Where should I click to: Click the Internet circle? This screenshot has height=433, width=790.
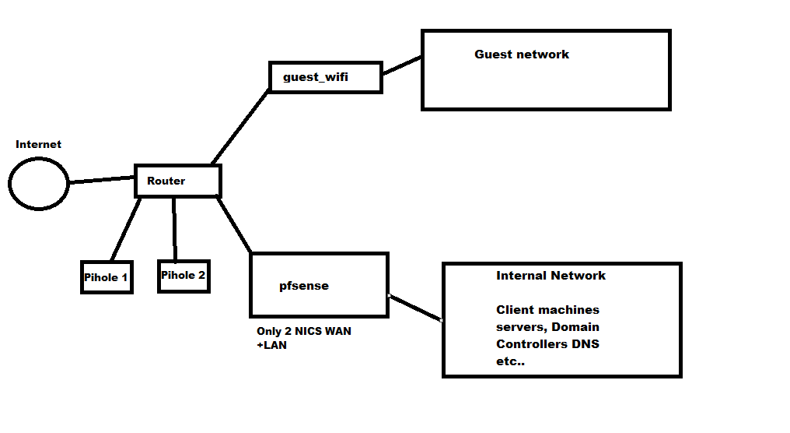pyautogui.click(x=39, y=184)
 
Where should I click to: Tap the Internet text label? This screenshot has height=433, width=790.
pyautogui.click(x=38, y=144)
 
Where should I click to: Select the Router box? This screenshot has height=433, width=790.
pyautogui.click(x=177, y=181)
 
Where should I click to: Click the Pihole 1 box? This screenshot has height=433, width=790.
pyautogui.click(x=107, y=277)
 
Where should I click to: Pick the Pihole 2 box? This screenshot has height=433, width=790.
pyautogui.click(x=184, y=276)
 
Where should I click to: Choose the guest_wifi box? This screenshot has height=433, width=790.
pyautogui.click(x=325, y=77)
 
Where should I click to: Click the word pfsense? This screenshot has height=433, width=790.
pyautogui.click(x=304, y=286)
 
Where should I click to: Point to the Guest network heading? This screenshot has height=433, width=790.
pyautogui.click(x=522, y=55)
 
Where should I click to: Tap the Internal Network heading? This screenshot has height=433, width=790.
pyautogui.click(x=551, y=276)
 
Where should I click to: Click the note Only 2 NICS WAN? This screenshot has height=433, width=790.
pyautogui.click(x=303, y=331)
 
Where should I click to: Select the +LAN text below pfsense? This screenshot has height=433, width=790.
pyautogui.click(x=271, y=345)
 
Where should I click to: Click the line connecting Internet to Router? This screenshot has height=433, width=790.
pyautogui.click(x=102, y=180)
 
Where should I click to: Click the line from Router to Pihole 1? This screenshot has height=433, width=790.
pyautogui.click(x=126, y=230)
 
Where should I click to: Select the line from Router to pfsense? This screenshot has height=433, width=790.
pyautogui.click(x=235, y=225)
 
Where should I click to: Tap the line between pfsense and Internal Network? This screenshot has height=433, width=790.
pyautogui.click(x=415, y=308)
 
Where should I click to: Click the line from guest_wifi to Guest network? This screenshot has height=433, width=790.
pyautogui.click(x=401, y=65)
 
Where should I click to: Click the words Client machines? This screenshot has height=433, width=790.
pyautogui.click(x=547, y=310)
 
